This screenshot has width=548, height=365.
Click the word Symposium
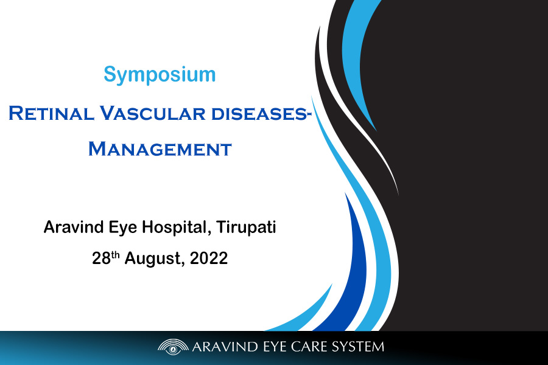pos(160,74)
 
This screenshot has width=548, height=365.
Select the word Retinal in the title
pos(51,113)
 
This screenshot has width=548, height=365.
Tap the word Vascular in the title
pos(153,113)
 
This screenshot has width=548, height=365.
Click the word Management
pos(160,149)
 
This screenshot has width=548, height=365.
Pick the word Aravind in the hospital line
pos(74,227)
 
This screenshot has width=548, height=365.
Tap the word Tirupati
pos(247,228)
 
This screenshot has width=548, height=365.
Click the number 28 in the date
pos(101,259)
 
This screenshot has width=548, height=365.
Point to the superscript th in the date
pos(115,255)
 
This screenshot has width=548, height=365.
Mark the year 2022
pos(209,259)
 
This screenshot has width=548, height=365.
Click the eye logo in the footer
pos(173,347)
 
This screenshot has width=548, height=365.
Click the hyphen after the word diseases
pos(309,115)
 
